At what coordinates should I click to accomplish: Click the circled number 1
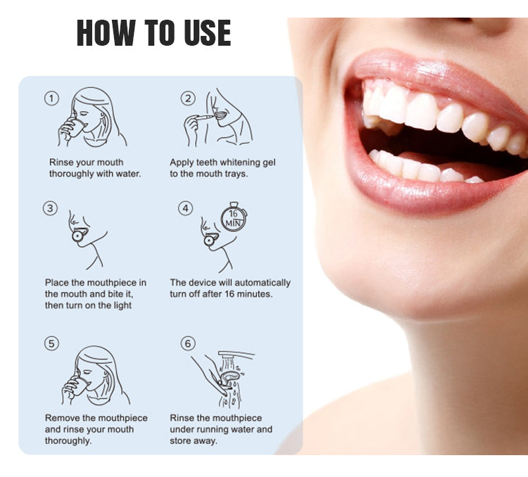pyautogui.click(x=51, y=98)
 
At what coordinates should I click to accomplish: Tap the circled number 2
pyautogui.click(x=188, y=98)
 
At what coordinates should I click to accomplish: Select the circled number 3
pyautogui.click(x=50, y=208)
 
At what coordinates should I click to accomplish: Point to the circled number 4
pyautogui.click(x=186, y=208)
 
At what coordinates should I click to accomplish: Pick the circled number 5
pyautogui.click(x=51, y=343)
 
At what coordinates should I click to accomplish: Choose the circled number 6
pyautogui.click(x=188, y=343)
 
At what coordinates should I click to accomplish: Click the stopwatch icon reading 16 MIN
pyautogui.click(x=234, y=217)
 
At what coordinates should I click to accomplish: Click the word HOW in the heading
pyautogui.click(x=105, y=32)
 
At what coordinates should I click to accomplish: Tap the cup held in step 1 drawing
pyautogui.click(x=77, y=127)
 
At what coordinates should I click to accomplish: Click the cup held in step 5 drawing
pyautogui.click(x=80, y=386)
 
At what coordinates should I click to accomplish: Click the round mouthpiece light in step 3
pyautogui.click(x=77, y=236)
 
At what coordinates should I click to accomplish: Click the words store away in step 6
pyautogui.click(x=193, y=440)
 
